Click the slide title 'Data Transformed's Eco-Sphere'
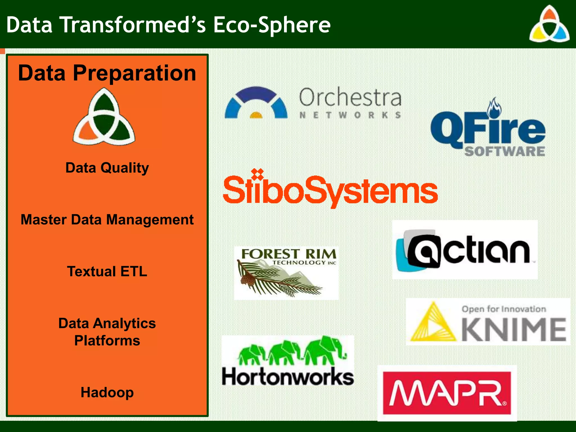168,25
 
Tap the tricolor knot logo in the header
549,25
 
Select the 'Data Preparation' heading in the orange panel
107,73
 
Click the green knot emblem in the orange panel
104,117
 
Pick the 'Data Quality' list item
107,168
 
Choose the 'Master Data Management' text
107,220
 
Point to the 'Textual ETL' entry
107,272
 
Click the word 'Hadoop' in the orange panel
107,392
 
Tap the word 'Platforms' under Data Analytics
107,341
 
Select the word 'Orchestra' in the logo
350,97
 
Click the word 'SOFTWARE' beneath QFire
505,151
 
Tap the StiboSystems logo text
330,190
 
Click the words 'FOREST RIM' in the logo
289,254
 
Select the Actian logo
465,250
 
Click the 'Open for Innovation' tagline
503,309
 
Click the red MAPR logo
447,393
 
